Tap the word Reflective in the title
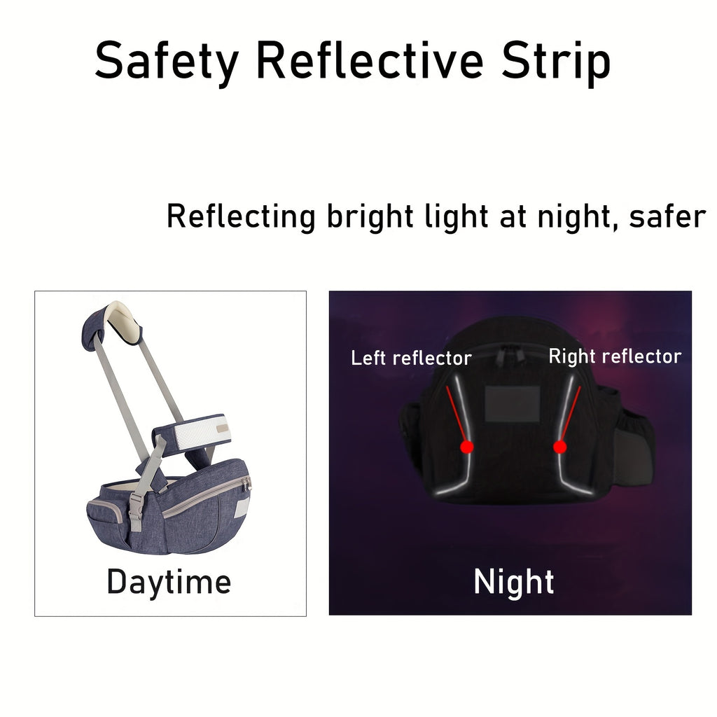click(x=370, y=60)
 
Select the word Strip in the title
click(x=555, y=62)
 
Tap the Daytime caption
click(x=169, y=582)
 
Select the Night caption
click(x=514, y=581)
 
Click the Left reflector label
click(x=411, y=358)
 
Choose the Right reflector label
click(x=615, y=356)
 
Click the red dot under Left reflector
click(x=467, y=447)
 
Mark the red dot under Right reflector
click(x=559, y=447)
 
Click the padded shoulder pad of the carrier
click(x=113, y=323)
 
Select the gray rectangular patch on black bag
click(x=513, y=404)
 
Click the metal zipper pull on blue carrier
click(x=248, y=484)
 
